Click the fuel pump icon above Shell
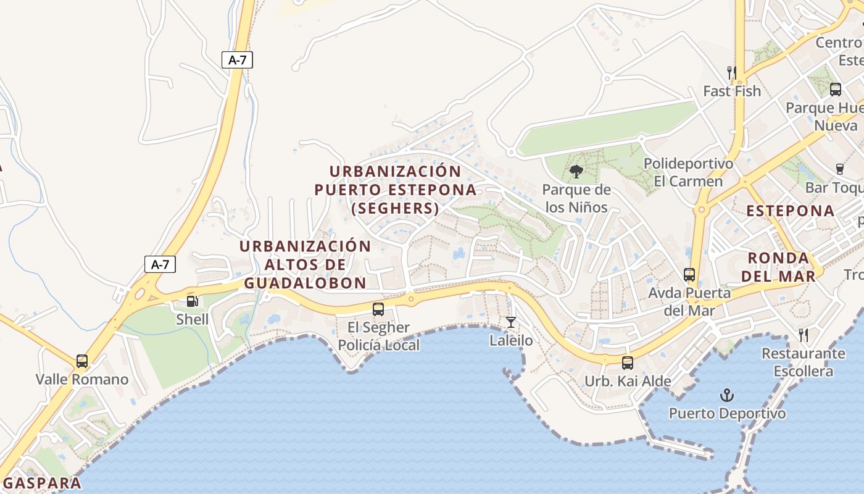pos(193,301)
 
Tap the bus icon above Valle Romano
pos(82,361)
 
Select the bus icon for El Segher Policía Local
pos(378,309)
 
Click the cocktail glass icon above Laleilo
pos(511,322)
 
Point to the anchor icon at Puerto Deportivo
pos(727,395)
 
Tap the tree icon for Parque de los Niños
pos(576,172)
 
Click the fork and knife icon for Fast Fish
pos(732,73)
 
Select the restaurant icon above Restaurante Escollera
pos(803,335)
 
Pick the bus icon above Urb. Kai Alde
pos(628,363)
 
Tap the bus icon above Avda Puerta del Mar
pos(689,275)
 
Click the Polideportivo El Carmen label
pos(688,173)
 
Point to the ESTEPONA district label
pos(790,211)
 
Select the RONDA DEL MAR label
pos(778,267)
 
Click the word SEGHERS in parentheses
pos(395,209)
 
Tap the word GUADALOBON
pos(305,283)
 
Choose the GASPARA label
pos(42,483)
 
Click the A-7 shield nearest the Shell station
pos(160,264)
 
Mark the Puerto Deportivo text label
pos(727,414)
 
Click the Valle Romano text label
pos(82,379)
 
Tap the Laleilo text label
pos(511,340)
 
